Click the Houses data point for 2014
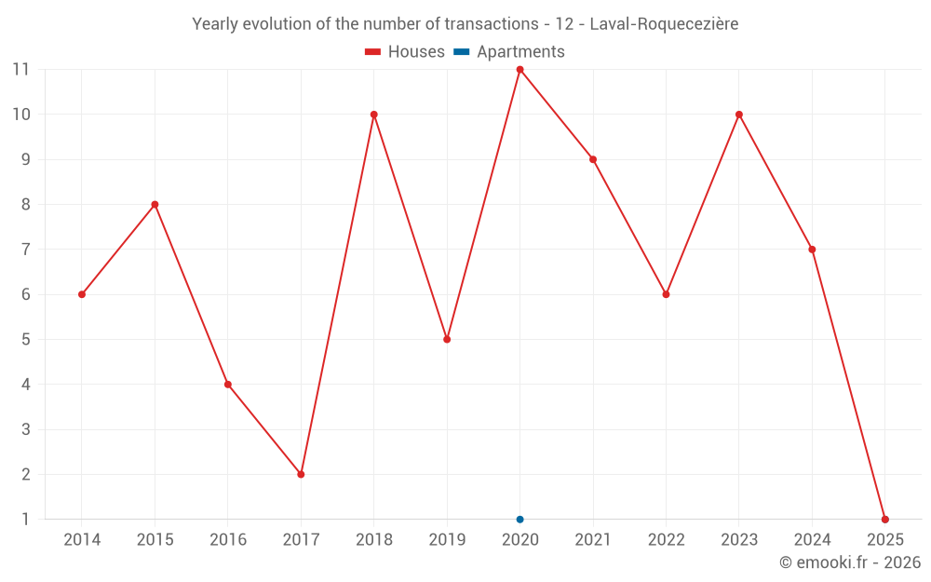pyautogui.click(x=82, y=294)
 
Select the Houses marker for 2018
pyautogui.click(x=374, y=115)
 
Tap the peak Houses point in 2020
pyautogui.click(x=519, y=69)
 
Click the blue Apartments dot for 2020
pyautogui.click(x=519, y=520)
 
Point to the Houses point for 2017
pyautogui.click(x=301, y=474)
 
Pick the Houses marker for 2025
pyautogui.click(x=885, y=520)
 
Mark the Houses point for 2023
pyautogui.click(x=739, y=115)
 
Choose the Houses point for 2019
pyautogui.click(x=447, y=339)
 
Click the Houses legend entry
pyautogui.click(x=405, y=52)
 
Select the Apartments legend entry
pyautogui.click(x=509, y=52)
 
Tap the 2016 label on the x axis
pyautogui.click(x=228, y=540)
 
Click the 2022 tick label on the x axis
pyautogui.click(x=666, y=540)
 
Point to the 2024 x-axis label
pyautogui.click(x=812, y=540)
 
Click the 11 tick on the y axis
pyautogui.click(x=20, y=69)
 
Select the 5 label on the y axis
pyautogui.click(x=26, y=339)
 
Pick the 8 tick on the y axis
pyautogui.click(x=26, y=204)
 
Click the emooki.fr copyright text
pyautogui.click(x=850, y=562)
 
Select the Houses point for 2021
pyautogui.click(x=593, y=159)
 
